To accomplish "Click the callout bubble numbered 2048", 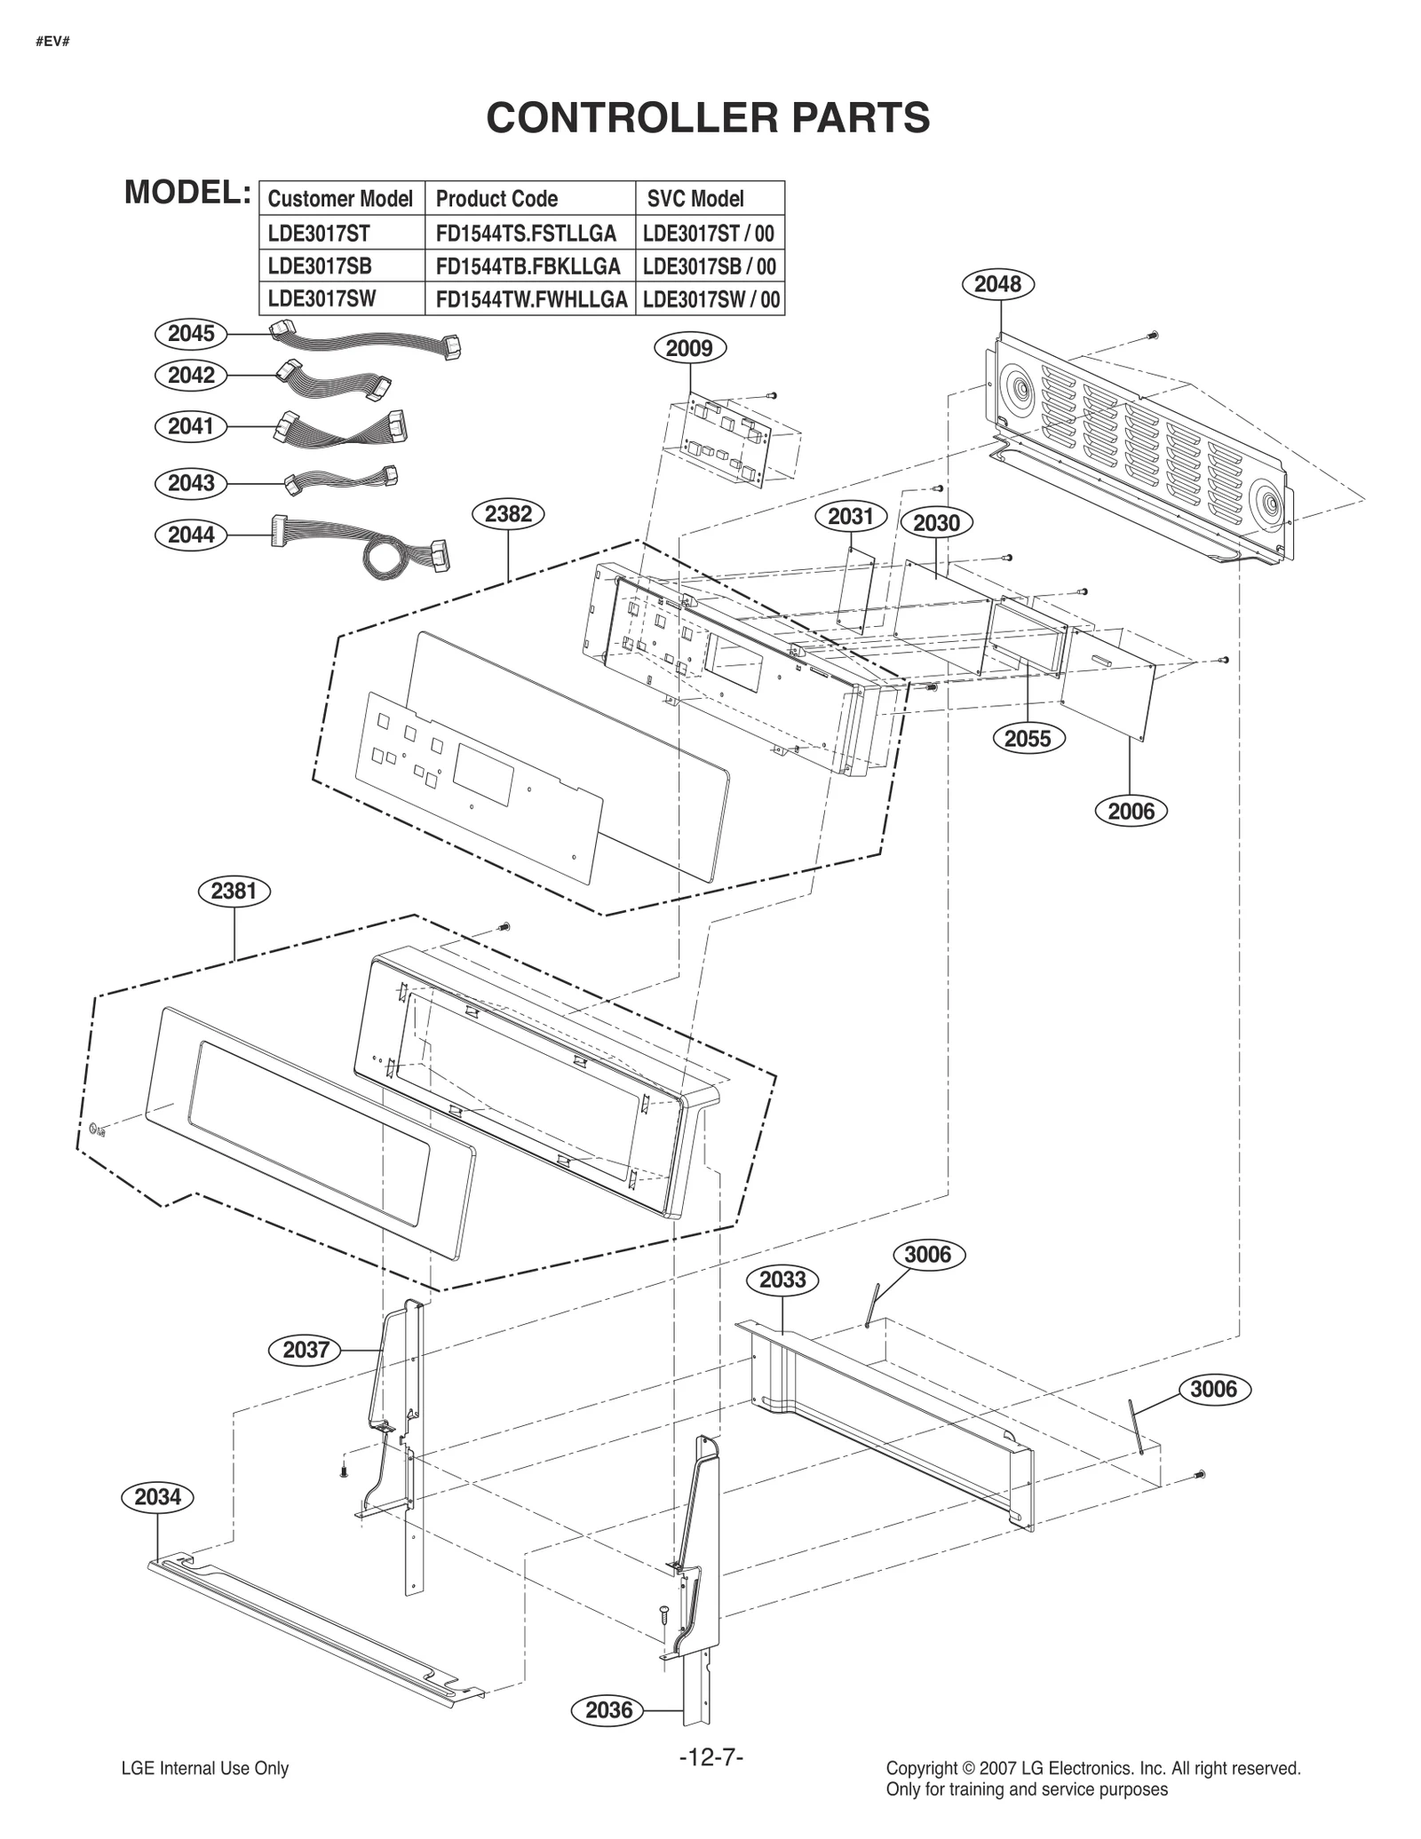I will [997, 284].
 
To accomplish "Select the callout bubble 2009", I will [689, 348].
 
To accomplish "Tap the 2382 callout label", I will [508, 514].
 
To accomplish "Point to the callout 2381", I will [234, 891].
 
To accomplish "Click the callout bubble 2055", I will [1028, 739].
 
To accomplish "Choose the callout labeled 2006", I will [1131, 811].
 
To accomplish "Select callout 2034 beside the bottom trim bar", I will [157, 1497].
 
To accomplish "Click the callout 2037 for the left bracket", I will [306, 1351].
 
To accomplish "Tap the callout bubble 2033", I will [782, 1280].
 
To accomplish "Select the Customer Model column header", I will [340, 199].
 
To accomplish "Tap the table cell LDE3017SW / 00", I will [710, 299].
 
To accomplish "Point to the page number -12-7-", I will [710, 1756].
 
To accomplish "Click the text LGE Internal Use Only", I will [205, 1769].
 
